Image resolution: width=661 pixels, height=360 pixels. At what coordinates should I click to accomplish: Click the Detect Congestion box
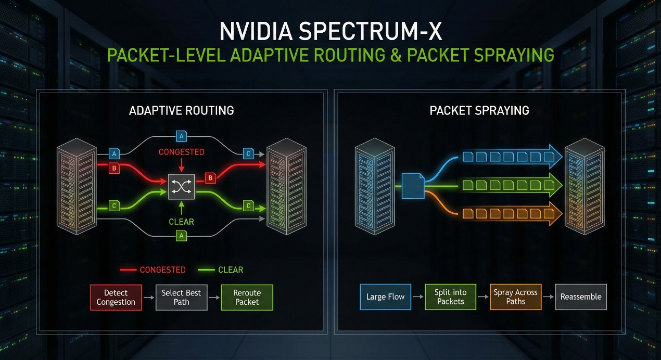tap(116, 298)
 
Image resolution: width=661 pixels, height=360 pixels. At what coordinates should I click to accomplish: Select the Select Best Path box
tap(182, 298)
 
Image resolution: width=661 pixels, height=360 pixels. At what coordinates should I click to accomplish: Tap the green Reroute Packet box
tap(247, 298)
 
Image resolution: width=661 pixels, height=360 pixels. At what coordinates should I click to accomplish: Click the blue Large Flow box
tap(385, 297)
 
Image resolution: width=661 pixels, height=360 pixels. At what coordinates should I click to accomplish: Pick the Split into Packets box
tap(450, 297)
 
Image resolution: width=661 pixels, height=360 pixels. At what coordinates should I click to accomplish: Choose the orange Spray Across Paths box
tap(515, 297)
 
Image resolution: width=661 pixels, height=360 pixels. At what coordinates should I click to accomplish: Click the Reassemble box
tap(581, 297)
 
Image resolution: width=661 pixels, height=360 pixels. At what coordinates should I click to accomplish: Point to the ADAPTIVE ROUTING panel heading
tap(181, 110)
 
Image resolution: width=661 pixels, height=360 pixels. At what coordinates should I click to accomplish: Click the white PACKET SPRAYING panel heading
tap(479, 110)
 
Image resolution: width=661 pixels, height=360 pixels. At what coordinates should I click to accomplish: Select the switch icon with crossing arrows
tap(181, 186)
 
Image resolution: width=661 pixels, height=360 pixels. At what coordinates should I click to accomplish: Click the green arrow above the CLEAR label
tap(181, 208)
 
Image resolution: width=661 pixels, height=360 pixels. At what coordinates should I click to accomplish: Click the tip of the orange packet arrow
tap(562, 213)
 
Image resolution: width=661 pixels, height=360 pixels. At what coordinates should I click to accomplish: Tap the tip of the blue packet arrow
tap(562, 156)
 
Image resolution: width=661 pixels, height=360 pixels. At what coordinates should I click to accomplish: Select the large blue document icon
tap(413, 186)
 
